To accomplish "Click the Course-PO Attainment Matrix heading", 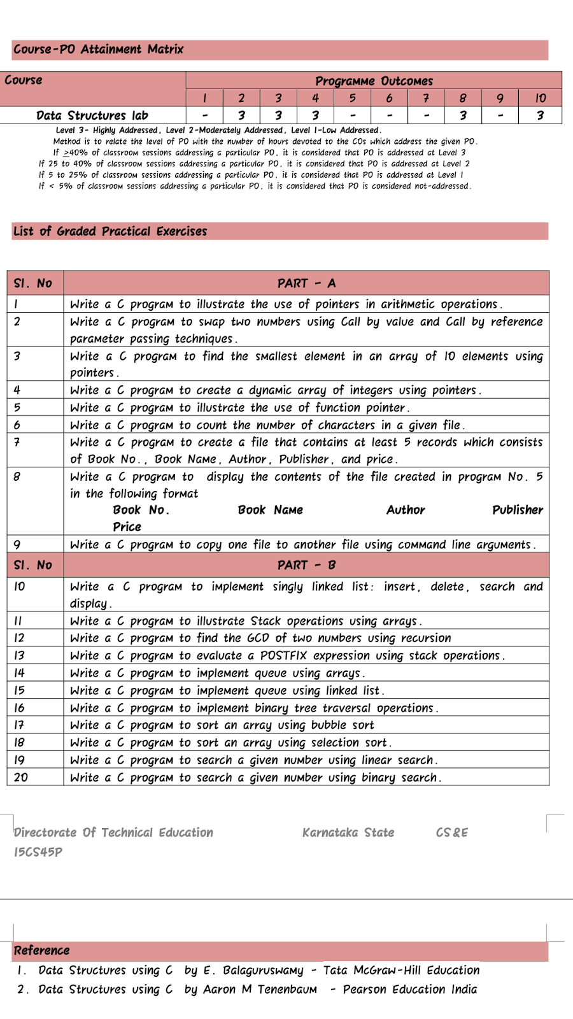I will pyautogui.click(x=99, y=49).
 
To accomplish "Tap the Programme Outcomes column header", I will pyautogui.click(x=374, y=81).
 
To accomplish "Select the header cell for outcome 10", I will pyautogui.click(x=540, y=98).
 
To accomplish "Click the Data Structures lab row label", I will pyautogui.click(x=92, y=115).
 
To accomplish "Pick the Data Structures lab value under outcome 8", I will pyautogui.click(x=463, y=115).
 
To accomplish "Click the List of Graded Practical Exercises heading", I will pyautogui.click(x=110, y=231).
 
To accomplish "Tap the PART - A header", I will pyautogui.click(x=306, y=283).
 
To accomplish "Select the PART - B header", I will pyautogui.click(x=306, y=565).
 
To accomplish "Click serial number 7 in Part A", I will pyautogui.click(x=17, y=442).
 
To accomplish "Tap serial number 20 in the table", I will pyautogui.click(x=21, y=777).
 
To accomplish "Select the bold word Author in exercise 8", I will pyautogui.click(x=406, y=510).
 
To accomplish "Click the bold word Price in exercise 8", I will pyautogui.click(x=127, y=527).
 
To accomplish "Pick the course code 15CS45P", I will pyautogui.click(x=38, y=852).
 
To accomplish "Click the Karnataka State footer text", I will pyautogui.click(x=348, y=832).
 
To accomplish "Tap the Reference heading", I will pyautogui.click(x=41, y=950).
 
